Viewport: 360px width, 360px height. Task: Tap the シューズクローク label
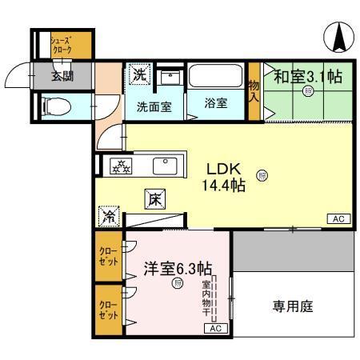(x=62, y=45)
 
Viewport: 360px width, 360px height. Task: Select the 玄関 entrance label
(x=62, y=77)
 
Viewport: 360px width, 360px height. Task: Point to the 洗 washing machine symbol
(x=139, y=75)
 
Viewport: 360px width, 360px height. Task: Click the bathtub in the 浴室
(x=216, y=80)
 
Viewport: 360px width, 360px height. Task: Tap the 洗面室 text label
(x=152, y=106)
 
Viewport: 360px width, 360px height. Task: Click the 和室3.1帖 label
(x=308, y=77)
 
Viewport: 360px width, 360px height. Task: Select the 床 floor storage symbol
(x=154, y=199)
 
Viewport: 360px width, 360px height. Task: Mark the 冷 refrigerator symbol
(x=106, y=216)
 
